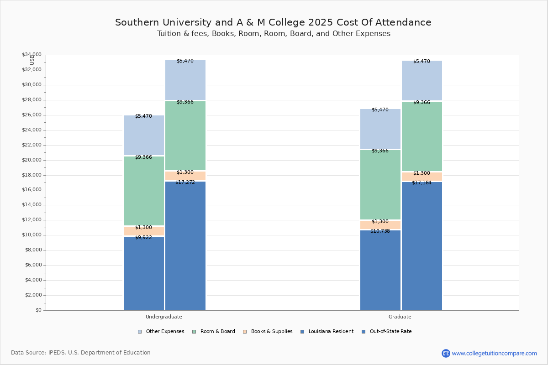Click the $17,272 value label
185,182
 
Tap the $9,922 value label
143,238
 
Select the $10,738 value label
380,231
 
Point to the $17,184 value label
422,183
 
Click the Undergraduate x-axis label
164,317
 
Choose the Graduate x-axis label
400,317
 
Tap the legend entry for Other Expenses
161,332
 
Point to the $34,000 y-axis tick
32,55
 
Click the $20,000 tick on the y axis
32,160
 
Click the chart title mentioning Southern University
273,22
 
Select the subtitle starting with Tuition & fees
274,34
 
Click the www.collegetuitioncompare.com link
494,353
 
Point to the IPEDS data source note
81,353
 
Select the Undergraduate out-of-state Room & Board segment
185,136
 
